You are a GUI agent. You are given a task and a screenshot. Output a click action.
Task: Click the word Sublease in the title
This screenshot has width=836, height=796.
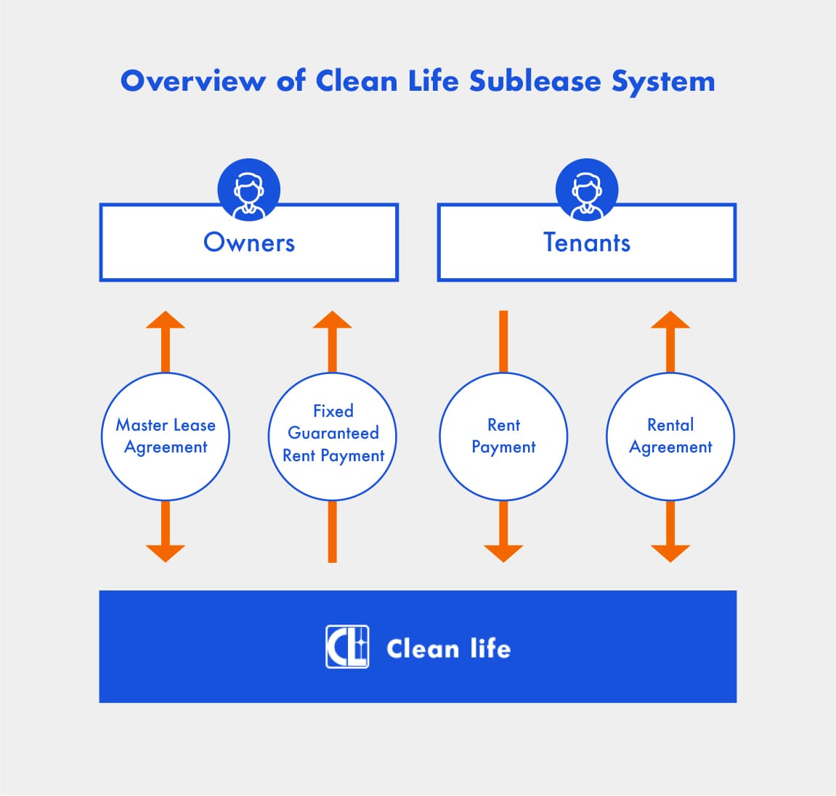tap(535, 81)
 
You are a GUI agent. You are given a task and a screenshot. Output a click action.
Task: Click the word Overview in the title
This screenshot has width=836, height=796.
tap(192, 81)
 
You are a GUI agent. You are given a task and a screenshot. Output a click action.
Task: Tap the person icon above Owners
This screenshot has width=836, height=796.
tap(249, 190)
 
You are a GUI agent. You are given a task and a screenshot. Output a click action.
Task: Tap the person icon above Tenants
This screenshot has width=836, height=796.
tap(587, 190)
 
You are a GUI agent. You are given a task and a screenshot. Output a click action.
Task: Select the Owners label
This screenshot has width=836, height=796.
tap(249, 243)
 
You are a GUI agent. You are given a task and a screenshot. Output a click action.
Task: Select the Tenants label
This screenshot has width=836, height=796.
tap(587, 243)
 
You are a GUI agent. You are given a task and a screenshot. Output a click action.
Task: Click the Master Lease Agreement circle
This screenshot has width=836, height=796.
tap(166, 436)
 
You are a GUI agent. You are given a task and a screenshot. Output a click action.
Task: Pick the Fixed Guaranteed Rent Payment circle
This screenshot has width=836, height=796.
tap(333, 436)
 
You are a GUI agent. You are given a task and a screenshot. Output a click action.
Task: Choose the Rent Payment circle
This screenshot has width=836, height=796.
tap(503, 436)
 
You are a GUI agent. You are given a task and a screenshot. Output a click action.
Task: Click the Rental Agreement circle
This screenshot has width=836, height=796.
tap(670, 436)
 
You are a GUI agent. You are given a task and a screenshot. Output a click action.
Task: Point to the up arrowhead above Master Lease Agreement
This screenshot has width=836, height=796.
tap(166, 321)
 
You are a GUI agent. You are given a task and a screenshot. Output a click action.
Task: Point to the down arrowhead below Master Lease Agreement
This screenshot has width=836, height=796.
tap(166, 553)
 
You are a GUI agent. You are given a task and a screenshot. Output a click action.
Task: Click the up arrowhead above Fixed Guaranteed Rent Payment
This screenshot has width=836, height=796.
tap(333, 321)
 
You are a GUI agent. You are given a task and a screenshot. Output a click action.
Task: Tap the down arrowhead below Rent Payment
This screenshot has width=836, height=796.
tap(503, 553)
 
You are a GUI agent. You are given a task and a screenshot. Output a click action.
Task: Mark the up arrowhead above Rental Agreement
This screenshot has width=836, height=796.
tap(670, 321)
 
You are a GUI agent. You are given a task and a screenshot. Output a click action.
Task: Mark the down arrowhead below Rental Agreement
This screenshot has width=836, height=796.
tap(670, 553)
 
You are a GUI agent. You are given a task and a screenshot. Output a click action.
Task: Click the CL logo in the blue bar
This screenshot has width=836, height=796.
tap(347, 646)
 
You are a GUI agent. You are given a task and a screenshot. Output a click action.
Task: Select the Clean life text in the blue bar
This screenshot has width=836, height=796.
tap(448, 648)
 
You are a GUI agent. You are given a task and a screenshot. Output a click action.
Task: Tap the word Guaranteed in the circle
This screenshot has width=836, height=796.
tap(333, 433)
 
